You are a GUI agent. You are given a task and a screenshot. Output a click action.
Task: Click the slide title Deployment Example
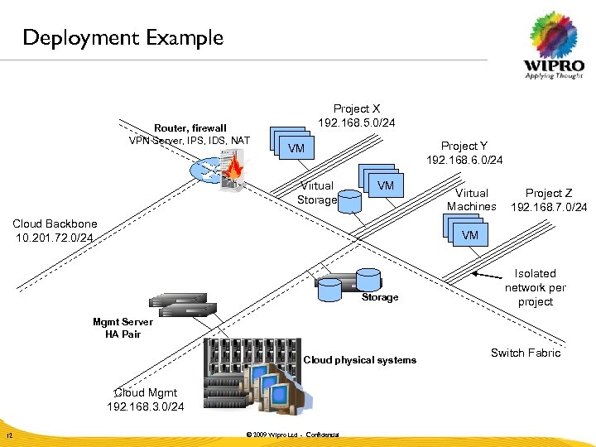point(123,38)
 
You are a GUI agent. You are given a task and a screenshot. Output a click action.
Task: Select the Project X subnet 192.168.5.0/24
point(357,123)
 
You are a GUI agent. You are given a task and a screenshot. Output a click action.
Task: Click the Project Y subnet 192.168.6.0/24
point(464,160)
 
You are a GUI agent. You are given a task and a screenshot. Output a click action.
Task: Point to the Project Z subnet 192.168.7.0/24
point(549,206)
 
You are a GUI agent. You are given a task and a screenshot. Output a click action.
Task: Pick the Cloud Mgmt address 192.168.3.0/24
point(146,406)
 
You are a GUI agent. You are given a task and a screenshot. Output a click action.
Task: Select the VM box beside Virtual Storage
point(385,185)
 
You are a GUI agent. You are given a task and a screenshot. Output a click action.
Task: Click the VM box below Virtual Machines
point(469,235)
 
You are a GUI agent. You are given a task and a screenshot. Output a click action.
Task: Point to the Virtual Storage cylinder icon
point(351,201)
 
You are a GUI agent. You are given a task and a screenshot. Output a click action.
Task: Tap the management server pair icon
point(181,304)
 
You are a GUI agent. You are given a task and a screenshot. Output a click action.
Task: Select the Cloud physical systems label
point(359,360)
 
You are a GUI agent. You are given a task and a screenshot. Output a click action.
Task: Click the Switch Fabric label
point(525,353)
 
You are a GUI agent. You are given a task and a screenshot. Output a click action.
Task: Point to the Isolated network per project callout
point(535,287)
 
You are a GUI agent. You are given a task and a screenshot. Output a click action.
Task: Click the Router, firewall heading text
point(190,128)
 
